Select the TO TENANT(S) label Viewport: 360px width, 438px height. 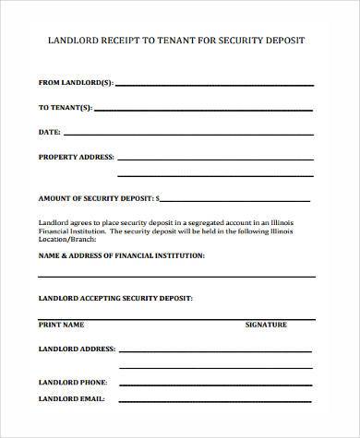pyautogui.click(x=66, y=107)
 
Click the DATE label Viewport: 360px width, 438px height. pyautogui.click(x=49, y=132)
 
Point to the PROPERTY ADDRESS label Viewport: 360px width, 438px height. pyautogui.click(x=77, y=156)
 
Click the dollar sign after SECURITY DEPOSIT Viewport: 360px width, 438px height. pyautogui.click(x=158, y=197)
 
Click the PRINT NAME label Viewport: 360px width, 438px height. pyautogui.click(x=61, y=325)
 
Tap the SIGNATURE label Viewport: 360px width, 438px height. pyautogui.click(x=266, y=325)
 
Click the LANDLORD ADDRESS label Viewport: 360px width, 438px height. pyautogui.click(x=77, y=350)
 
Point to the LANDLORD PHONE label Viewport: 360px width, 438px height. pyautogui.click(x=72, y=382)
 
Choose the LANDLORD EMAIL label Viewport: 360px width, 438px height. pyautogui.click(x=71, y=399)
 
